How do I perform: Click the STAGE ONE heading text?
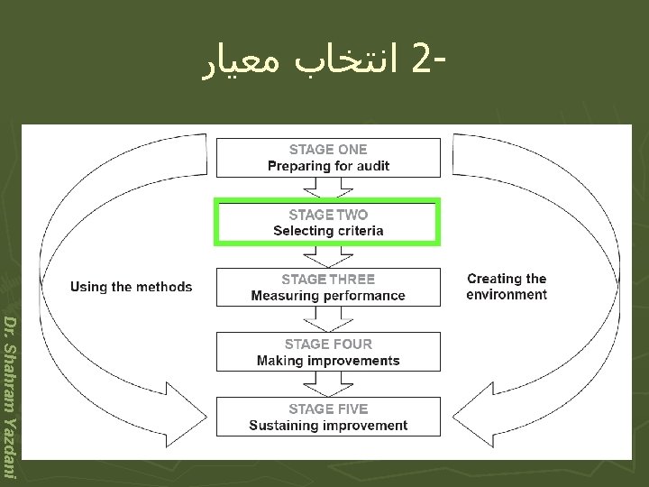(328, 150)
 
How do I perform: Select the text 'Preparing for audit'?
(328, 166)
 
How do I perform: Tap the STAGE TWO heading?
(328, 215)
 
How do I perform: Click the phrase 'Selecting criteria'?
(328, 231)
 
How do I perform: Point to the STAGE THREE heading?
(328, 280)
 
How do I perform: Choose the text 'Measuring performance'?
(328, 296)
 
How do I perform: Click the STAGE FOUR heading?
(328, 344)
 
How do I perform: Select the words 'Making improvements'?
(328, 361)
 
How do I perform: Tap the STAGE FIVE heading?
(328, 409)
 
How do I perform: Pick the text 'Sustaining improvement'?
(328, 426)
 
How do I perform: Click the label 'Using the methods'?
(131, 287)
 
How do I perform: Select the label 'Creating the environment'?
(507, 287)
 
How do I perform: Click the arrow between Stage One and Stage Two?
(328, 188)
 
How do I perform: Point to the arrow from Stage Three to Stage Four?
(328, 318)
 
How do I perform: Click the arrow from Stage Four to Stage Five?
(328, 383)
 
